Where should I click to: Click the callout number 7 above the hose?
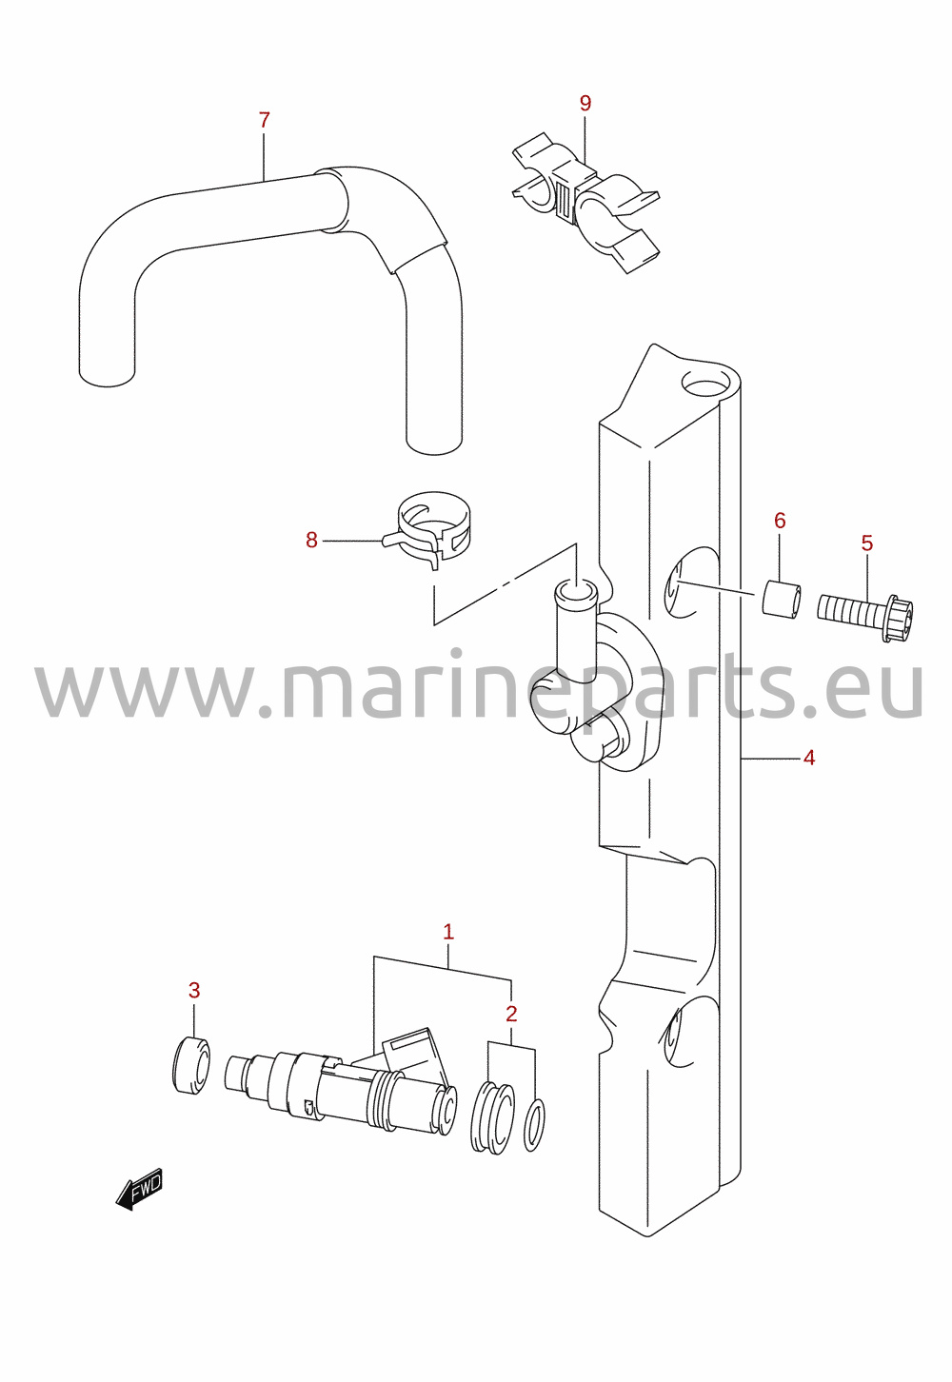(x=264, y=120)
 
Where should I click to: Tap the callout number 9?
(x=585, y=103)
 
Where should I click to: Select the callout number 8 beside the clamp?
(x=311, y=540)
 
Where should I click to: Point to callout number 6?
(x=780, y=520)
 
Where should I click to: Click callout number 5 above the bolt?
(x=867, y=543)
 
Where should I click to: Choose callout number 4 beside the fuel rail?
(x=809, y=757)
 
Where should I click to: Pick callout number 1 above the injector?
(x=448, y=932)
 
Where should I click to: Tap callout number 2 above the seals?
(x=511, y=1013)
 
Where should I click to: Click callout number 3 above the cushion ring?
(x=193, y=990)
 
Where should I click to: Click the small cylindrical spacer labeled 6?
(x=782, y=597)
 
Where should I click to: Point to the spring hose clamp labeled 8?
(x=426, y=529)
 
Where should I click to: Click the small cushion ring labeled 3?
(x=190, y=1065)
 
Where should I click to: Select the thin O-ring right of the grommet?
(x=534, y=1128)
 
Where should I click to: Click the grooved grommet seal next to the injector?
(x=492, y=1117)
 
